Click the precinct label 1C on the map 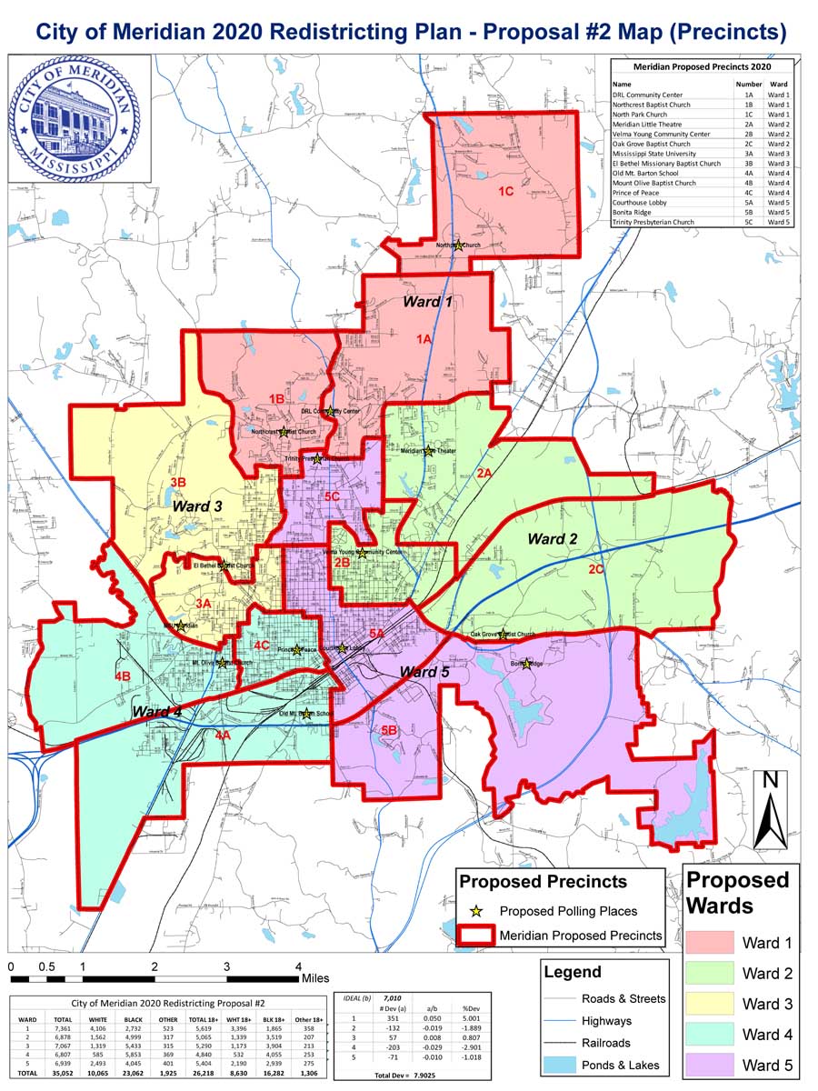pyautogui.click(x=505, y=192)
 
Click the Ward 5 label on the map pyautogui.click(x=424, y=672)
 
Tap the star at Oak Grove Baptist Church pyautogui.click(x=502, y=635)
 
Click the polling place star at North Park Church pyautogui.click(x=459, y=245)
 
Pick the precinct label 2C pyautogui.click(x=596, y=570)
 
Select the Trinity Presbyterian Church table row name pyautogui.click(x=653, y=222)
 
